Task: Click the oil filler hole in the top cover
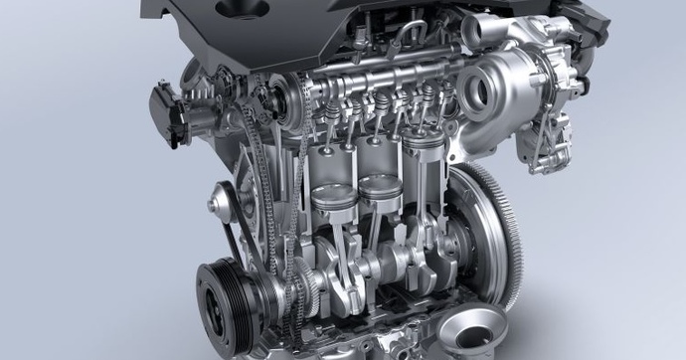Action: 242,9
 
